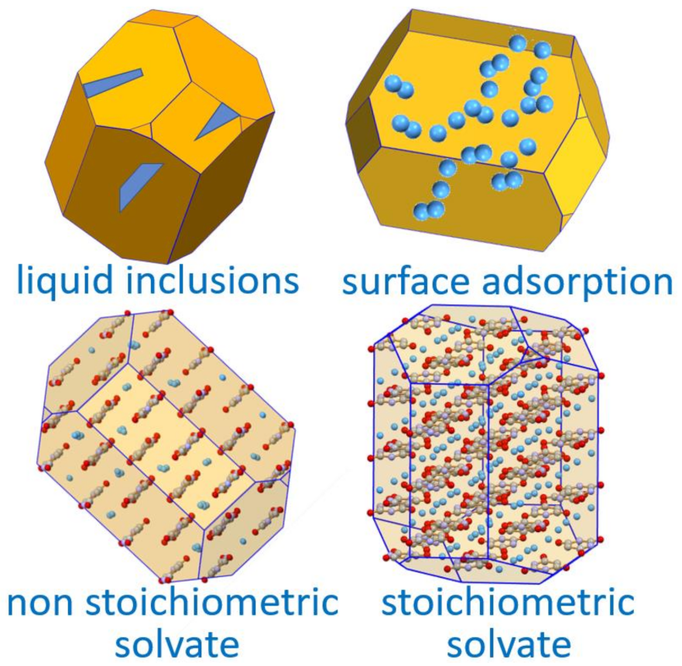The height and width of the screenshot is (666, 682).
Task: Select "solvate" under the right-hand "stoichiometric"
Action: [506, 644]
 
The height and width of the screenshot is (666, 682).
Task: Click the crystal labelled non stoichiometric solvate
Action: [166, 445]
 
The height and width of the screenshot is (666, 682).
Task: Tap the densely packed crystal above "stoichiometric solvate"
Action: [488, 449]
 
